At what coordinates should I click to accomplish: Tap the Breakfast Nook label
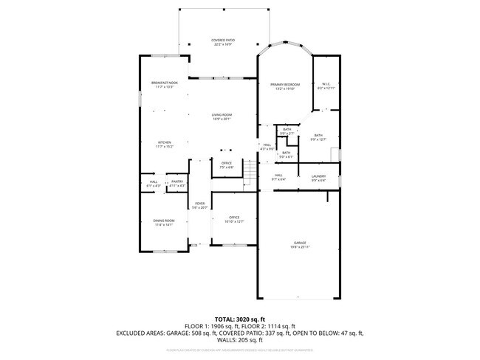click(x=164, y=83)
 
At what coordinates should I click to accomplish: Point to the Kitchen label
click(x=164, y=142)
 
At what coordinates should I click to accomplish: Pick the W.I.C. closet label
click(x=326, y=84)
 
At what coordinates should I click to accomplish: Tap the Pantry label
click(x=177, y=181)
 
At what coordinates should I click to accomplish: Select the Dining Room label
click(x=164, y=221)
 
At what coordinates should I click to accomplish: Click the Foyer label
click(x=199, y=204)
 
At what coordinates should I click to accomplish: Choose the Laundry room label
click(x=318, y=176)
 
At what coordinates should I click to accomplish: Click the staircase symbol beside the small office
click(x=250, y=174)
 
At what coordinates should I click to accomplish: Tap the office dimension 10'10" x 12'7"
click(x=235, y=221)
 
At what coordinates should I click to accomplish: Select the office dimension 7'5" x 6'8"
click(x=226, y=167)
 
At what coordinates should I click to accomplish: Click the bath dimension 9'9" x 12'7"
click(x=318, y=139)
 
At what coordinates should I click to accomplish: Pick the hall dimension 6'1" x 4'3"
click(x=154, y=186)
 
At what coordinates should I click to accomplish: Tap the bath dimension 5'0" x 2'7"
click(x=287, y=134)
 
